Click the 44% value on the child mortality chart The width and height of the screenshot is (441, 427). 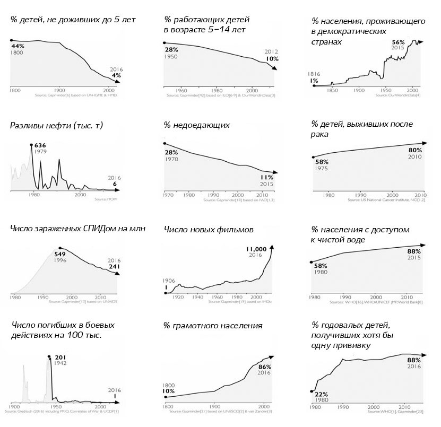click(18, 46)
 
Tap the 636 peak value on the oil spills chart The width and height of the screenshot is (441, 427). click(40, 145)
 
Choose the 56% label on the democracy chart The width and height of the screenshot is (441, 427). click(398, 42)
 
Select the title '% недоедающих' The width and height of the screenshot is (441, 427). click(196, 126)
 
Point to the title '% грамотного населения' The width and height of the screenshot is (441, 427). click(213, 326)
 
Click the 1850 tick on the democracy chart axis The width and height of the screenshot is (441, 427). click(333, 90)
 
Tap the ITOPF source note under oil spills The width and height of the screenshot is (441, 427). click(109, 199)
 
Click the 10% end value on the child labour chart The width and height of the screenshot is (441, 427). click(272, 59)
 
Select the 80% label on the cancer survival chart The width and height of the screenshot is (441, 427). click(414, 151)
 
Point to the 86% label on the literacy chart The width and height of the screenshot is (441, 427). click(264, 367)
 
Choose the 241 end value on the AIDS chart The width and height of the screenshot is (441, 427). click(114, 267)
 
